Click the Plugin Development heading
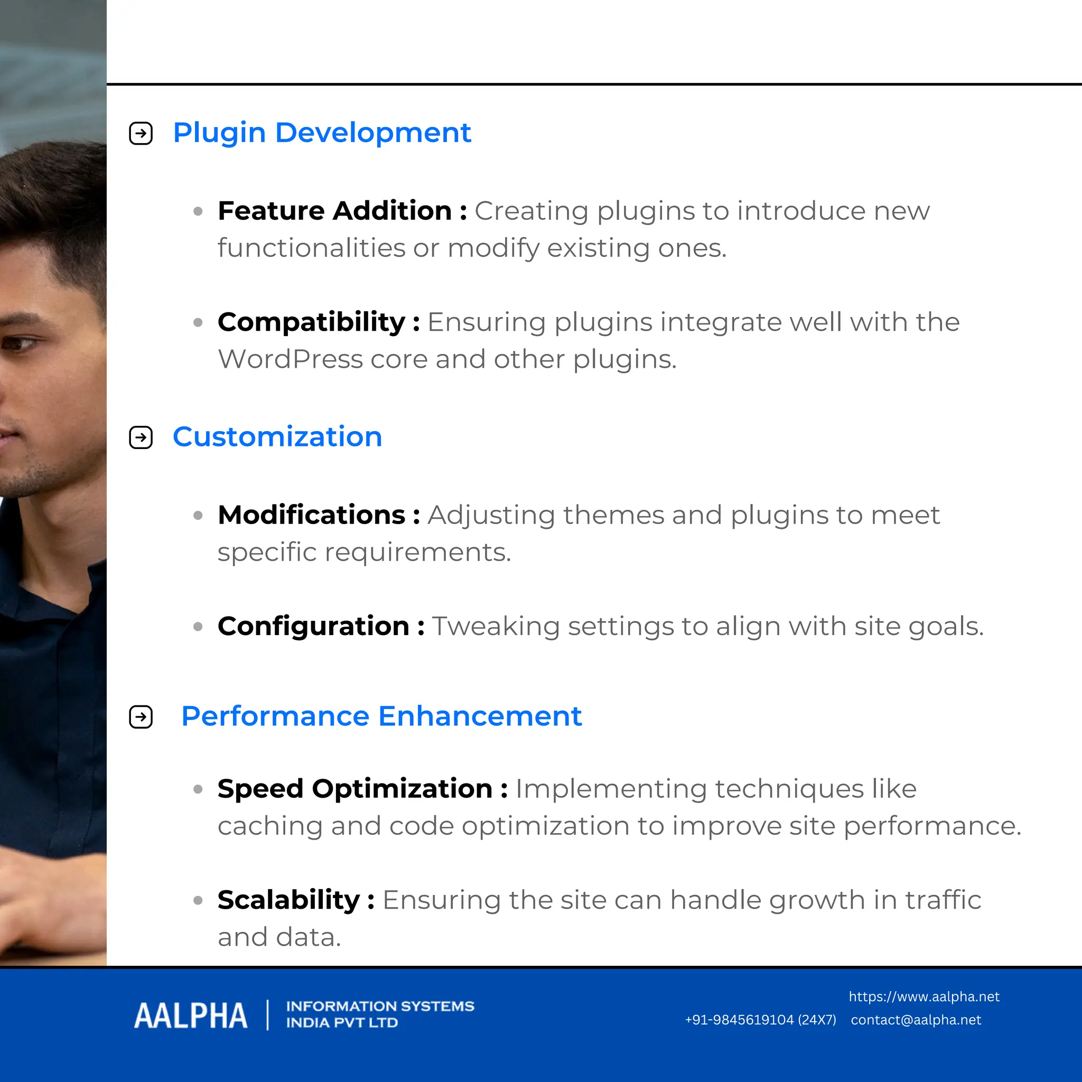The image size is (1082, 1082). pyautogui.click(x=322, y=133)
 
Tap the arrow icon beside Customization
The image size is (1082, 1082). pyautogui.click(x=141, y=437)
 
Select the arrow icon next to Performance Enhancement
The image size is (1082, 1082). pyautogui.click(x=141, y=717)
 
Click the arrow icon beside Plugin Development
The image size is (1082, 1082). pyautogui.click(x=141, y=133)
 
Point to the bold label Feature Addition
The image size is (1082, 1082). pyautogui.click(x=335, y=211)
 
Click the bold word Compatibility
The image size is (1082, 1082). pyautogui.click(x=311, y=322)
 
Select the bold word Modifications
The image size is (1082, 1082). pyautogui.click(x=311, y=515)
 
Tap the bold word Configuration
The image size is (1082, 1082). pyautogui.click(x=314, y=626)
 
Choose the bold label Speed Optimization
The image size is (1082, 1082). pyautogui.click(x=355, y=789)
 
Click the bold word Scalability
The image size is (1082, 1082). pyautogui.click(x=288, y=900)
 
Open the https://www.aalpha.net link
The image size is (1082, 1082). pyautogui.click(x=924, y=997)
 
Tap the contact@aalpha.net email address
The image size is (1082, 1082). pyautogui.click(x=916, y=1020)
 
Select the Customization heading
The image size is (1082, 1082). pyautogui.click(x=277, y=437)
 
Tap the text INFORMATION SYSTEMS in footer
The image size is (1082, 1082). pyautogui.click(x=380, y=1006)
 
